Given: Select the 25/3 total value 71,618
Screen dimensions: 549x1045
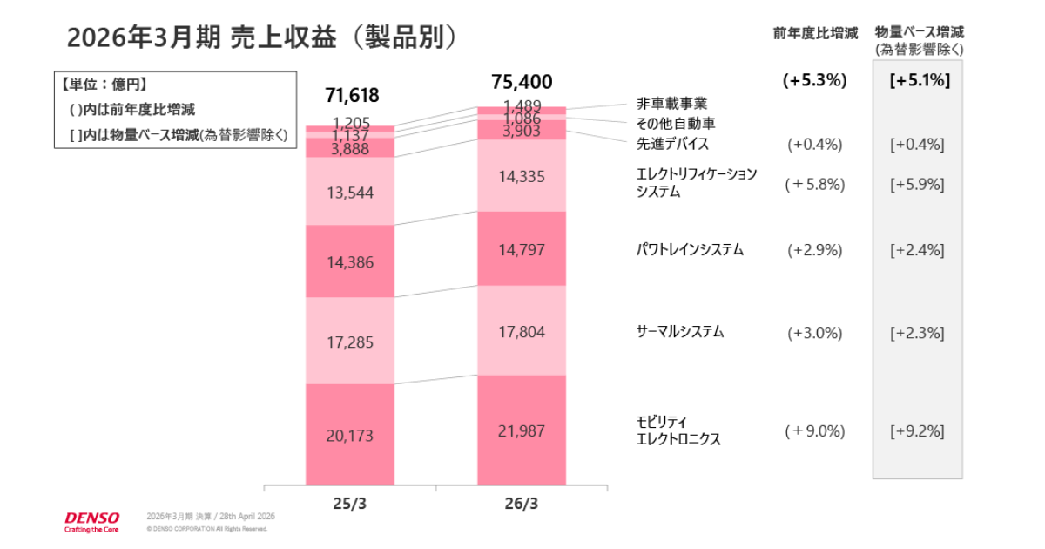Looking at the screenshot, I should [x=352, y=95].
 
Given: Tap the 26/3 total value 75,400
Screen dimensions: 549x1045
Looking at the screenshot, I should [x=522, y=83].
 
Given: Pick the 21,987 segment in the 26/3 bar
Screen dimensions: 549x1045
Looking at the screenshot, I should [x=522, y=430].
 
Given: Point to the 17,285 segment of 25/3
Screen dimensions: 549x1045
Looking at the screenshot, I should [x=351, y=342].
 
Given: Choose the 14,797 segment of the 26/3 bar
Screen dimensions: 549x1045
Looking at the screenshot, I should [x=522, y=250].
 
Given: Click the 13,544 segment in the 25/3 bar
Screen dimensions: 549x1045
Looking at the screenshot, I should [x=351, y=193].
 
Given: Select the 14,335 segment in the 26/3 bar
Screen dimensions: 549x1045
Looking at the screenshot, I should [x=522, y=177].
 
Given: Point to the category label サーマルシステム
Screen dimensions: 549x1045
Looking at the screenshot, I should [x=680, y=332].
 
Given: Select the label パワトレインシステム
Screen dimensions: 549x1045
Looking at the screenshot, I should [x=690, y=250].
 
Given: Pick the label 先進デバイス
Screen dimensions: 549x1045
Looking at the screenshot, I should [x=672, y=144].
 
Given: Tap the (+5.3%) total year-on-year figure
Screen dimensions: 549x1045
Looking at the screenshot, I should [x=815, y=81].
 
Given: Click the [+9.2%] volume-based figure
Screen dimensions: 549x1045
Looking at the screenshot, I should [x=918, y=430].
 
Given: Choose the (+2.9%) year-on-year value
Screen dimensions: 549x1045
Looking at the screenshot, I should [x=815, y=250].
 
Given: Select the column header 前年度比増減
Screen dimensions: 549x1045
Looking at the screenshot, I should [x=815, y=33].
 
